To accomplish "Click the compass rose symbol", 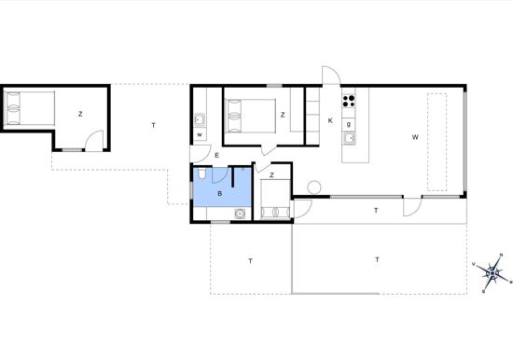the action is pos(492,273).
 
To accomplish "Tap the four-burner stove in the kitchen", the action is pos(349,101).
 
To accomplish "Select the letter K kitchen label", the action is pos(330,120).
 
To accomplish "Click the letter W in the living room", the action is pos(415,137).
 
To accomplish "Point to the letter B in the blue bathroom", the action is pos(220,193).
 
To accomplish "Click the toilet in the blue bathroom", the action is pos(201,173).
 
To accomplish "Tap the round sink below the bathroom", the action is pos(240,214).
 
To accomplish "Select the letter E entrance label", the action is pos(216,156).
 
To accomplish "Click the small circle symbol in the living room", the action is pos(314,187).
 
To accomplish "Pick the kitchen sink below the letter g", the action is pos(349,138).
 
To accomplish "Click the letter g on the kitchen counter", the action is pos(349,125).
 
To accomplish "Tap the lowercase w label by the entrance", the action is pos(200,135).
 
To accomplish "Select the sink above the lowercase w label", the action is pos(200,119).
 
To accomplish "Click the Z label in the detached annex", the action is pos(80,114).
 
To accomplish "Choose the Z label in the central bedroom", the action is pos(283,115).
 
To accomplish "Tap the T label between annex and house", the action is pos(154,125).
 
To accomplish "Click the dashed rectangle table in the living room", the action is pos(437,142).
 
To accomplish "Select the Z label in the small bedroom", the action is pos(271,175).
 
